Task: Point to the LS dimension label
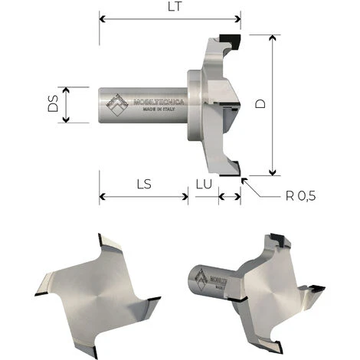coord(142,185)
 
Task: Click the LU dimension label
coord(204,185)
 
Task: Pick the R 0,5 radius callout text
coord(300,196)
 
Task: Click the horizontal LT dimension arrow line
coord(169,18)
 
